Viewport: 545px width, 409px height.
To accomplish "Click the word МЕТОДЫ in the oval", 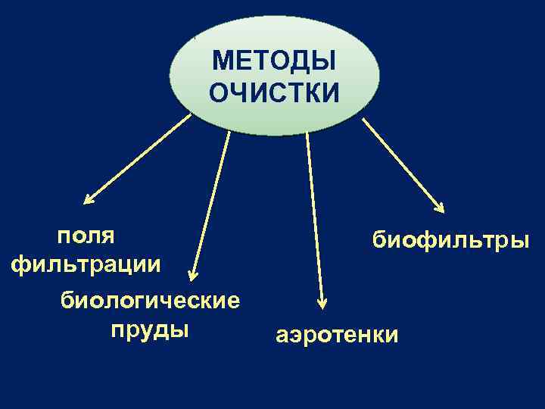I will tap(274, 60).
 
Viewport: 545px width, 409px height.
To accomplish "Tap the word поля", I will tap(86, 235).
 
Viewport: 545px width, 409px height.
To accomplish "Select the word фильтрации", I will tap(86, 264).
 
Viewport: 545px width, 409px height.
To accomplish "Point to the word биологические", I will tap(150, 301).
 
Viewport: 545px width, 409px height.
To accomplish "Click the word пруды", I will tap(150, 330).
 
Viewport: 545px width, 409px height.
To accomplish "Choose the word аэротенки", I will tap(336, 336).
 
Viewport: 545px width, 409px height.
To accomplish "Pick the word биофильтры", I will tap(451, 240).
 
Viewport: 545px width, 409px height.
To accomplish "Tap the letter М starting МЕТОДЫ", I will tap(220, 60).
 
